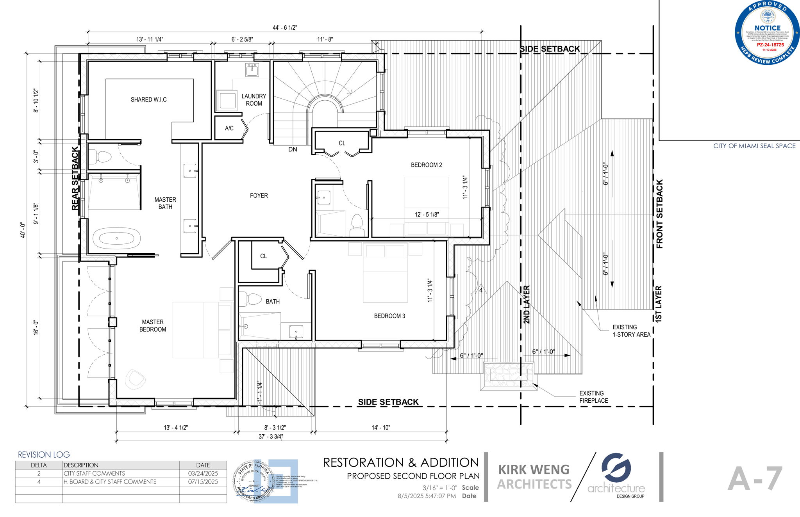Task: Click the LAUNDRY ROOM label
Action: [254, 99]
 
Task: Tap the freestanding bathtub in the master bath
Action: [116, 238]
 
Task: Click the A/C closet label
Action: [229, 128]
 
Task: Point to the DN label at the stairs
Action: [293, 149]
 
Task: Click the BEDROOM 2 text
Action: [426, 165]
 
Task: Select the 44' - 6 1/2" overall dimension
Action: [285, 28]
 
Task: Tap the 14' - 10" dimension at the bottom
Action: [380, 428]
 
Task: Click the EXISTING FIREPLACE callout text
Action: [593, 397]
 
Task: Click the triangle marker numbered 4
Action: [481, 290]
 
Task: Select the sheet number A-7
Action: [755, 479]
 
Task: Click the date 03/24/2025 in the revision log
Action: [203, 473]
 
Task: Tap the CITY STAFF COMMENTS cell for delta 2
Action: [95, 473]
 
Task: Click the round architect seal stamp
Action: [254, 481]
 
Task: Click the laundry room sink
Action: [252, 70]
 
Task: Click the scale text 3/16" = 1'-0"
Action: [439, 488]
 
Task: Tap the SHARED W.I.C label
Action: [148, 99]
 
